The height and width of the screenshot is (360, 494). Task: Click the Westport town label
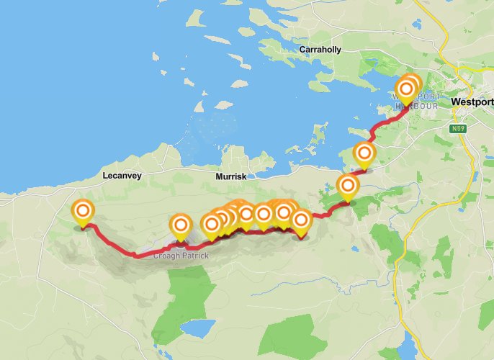point(472,102)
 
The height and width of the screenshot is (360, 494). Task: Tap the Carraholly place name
point(323,50)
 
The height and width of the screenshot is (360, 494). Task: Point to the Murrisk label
point(231,176)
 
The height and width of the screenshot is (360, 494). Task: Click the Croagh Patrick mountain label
point(180,256)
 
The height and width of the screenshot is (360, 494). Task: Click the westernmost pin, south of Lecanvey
point(83,211)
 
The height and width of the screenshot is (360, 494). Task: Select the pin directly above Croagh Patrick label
point(180,226)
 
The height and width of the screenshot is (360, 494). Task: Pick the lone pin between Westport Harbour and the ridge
point(364,153)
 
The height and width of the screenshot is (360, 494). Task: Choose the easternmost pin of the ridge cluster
point(301,220)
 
